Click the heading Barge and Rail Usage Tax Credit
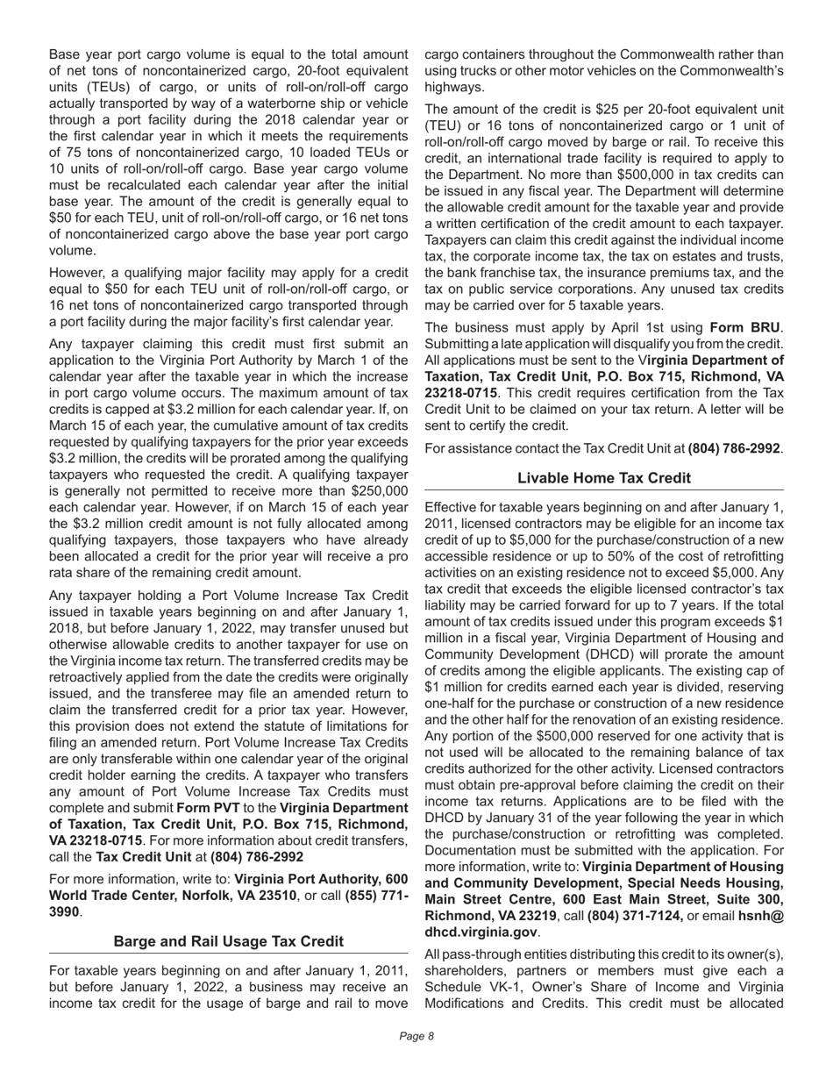(229, 941)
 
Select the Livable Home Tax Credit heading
(604, 478)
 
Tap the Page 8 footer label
(416, 1037)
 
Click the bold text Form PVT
(207, 808)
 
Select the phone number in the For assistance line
(734, 448)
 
